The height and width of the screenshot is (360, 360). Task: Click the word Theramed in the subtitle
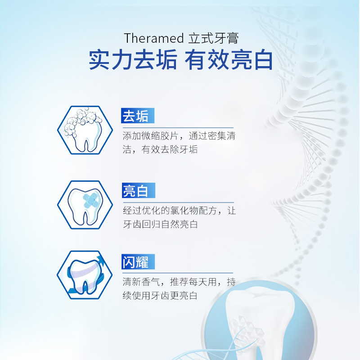tap(153, 38)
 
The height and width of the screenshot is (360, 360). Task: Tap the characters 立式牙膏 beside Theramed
tap(213, 38)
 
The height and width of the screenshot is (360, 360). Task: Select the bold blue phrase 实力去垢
tap(133, 60)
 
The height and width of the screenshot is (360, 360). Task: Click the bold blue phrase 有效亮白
tap(229, 60)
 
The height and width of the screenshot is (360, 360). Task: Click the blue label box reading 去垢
tap(138, 116)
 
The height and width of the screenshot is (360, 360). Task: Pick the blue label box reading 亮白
tap(139, 190)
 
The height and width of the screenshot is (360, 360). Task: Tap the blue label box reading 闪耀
tap(138, 262)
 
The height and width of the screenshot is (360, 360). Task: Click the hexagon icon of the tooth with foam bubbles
tap(85, 130)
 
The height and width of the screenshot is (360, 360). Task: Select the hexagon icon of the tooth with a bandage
tap(85, 205)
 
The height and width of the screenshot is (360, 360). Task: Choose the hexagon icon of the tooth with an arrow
tap(85, 275)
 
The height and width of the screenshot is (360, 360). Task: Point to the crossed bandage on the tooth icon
tap(91, 200)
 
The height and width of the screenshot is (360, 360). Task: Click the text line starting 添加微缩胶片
tap(179, 136)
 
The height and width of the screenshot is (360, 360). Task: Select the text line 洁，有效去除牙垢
tap(160, 149)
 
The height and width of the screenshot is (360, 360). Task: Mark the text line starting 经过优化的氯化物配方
tap(179, 211)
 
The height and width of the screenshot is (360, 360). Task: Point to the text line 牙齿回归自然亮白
tap(160, 224)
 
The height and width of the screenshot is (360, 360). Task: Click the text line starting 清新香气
tap(179, 282)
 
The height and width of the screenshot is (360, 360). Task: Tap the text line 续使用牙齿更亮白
tap(160, 296)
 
